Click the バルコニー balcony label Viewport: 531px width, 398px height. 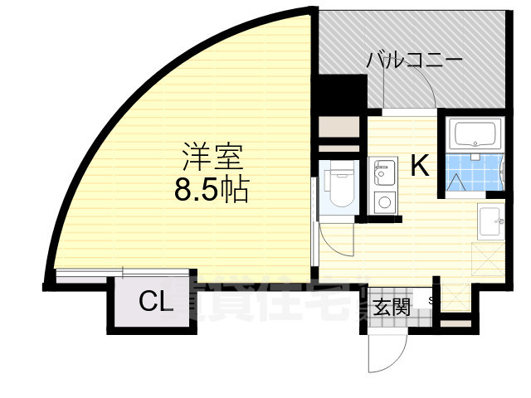click(415, 61)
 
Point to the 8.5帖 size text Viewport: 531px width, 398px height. click(211, 192)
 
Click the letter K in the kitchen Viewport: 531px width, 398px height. click(421, 167)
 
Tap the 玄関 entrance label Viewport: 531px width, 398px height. click(391, 307)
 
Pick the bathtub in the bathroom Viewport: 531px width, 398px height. click(474, 133)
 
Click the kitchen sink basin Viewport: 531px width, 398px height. click(383, 174)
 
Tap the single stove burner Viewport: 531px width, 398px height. click(383, 201)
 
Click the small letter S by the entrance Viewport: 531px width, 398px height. click(431, 299)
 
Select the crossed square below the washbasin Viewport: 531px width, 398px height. click(488, 256)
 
